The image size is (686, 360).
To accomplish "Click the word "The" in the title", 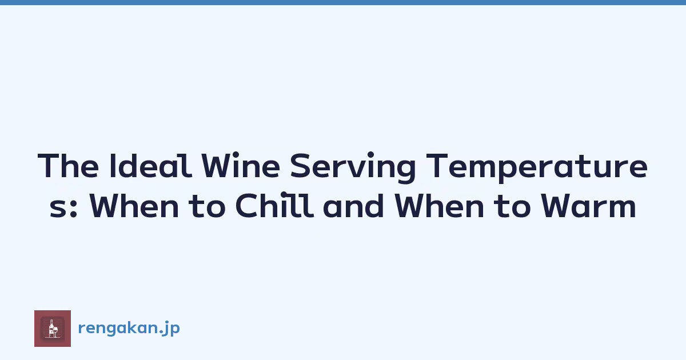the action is point(68,166).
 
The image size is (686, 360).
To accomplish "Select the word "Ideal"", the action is point(151,166).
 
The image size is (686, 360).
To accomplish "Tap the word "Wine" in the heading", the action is point(241,166).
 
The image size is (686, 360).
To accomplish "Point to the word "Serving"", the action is point(353,167).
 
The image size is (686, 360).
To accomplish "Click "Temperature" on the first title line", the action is point(537,168).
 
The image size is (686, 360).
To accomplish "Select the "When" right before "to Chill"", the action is point(134,205).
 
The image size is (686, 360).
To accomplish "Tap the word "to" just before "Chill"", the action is point(207,207).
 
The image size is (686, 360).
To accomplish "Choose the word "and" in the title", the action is point(353,205).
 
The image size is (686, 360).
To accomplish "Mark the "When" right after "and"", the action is point(440,205).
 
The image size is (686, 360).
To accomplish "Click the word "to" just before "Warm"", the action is point(512,207).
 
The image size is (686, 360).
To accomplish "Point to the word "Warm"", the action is point(588,205).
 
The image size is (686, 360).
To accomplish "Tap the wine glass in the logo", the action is point(55,331).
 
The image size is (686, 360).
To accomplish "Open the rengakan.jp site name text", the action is point(129,328).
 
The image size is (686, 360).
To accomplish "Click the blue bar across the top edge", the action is point(343,2).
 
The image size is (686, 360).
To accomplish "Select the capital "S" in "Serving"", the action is point(300,165).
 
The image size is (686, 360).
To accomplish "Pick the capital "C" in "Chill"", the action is point(247,205).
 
